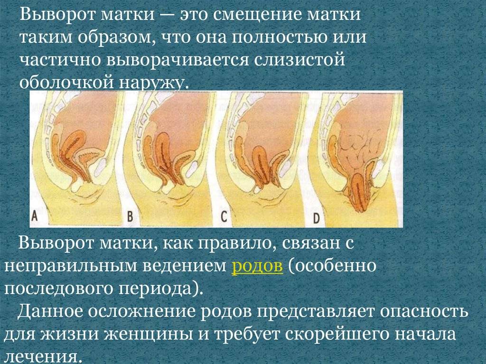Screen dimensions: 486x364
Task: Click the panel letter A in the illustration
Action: [35, 215]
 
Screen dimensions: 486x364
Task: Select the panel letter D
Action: [316, 218]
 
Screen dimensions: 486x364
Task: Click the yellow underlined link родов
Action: [257, 267]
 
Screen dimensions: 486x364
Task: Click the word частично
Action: [61, 60]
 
